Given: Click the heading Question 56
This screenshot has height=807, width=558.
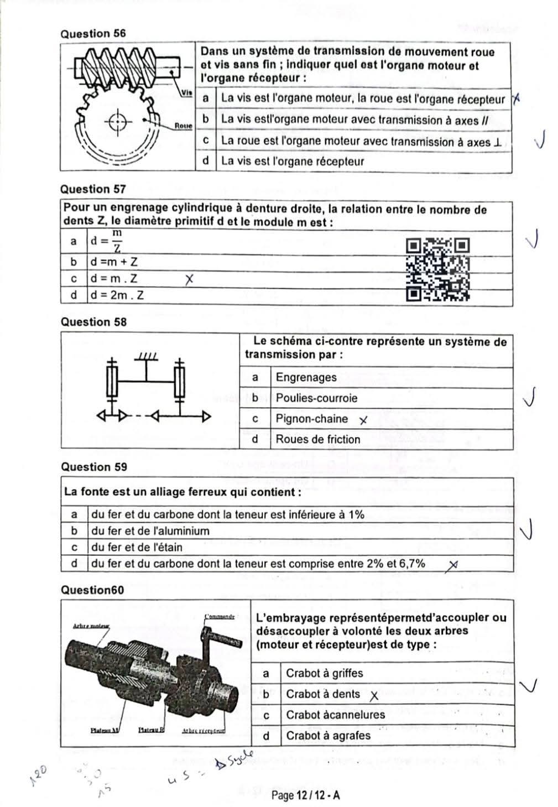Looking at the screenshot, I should coord(93,33).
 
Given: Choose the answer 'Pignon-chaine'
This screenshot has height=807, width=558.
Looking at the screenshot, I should coord(311,419).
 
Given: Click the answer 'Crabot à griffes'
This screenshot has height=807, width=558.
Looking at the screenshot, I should coord(324,673).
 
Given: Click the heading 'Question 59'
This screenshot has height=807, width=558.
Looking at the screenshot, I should coord(93,467).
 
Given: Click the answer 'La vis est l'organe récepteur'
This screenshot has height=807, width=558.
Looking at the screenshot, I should coord(292,162).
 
